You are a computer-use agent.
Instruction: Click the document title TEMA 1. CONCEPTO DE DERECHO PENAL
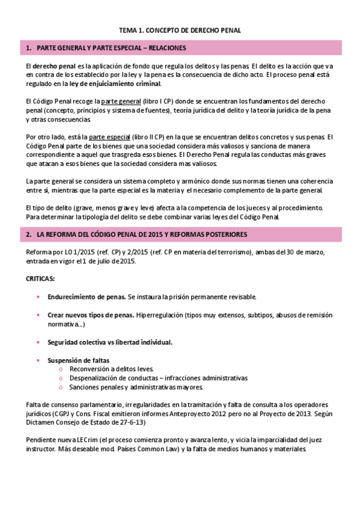tap(180, 29)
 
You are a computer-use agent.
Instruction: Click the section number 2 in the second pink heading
tap(28, 233)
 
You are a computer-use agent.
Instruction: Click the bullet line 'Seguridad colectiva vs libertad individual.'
tap(110, 342)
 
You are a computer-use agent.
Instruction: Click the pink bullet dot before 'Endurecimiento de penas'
tap(38, 297)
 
